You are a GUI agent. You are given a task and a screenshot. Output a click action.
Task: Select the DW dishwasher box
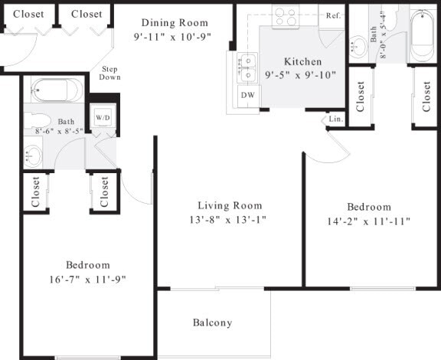[247, 95]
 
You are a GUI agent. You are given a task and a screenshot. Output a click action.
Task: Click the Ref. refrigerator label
[333, 15]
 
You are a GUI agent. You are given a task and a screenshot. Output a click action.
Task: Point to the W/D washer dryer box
[103, 117]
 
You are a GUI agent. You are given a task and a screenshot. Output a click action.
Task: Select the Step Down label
[109, 74]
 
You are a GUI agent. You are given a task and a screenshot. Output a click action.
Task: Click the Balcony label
[213, 322]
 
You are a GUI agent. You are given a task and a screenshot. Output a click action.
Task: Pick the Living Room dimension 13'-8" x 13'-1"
[230, 219]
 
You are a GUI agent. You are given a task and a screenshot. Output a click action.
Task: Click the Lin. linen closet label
[335, 119]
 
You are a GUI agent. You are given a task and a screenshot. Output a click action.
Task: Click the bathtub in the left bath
[56, 90]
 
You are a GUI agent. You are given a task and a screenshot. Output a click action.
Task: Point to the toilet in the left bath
[37, 121]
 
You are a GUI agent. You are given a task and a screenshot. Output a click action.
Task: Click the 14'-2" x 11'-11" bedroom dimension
[369, 221]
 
